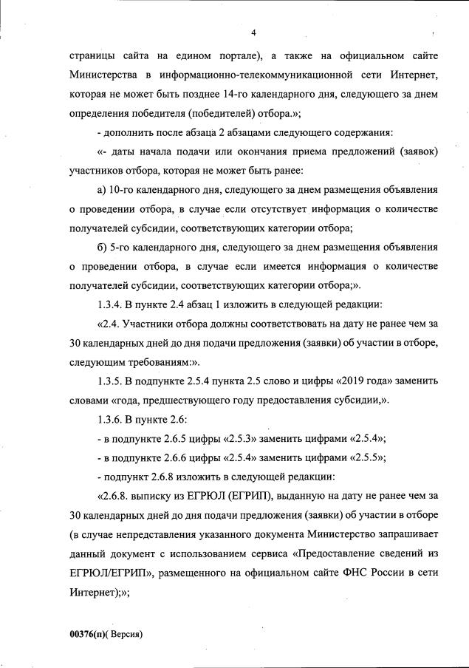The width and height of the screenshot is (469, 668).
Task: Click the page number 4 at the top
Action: tap(253, 33)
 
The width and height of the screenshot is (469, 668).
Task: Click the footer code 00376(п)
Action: tap(88, 635)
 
